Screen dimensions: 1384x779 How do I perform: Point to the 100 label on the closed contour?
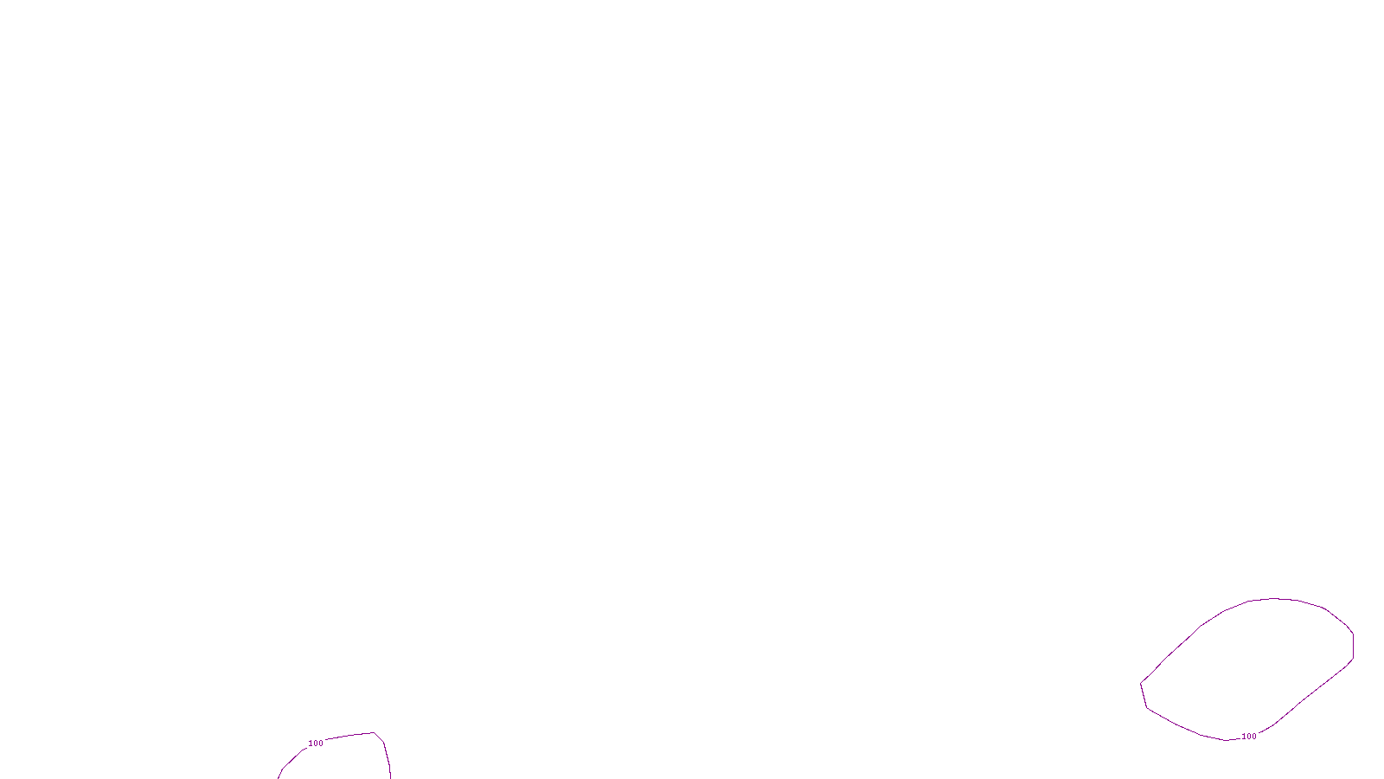[1248, 737]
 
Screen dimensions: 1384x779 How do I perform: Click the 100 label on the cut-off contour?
[316, 744]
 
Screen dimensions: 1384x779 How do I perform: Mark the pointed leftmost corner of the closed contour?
[1141, 683]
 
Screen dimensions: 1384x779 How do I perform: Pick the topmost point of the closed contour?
[1276, 598]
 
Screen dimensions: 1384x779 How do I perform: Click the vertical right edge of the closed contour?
[1353, 647]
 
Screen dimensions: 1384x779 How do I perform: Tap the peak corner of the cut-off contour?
[375, 733]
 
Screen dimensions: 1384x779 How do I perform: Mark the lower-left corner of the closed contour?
[1147, 708]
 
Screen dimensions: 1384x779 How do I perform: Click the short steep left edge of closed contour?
[1144, 695]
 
